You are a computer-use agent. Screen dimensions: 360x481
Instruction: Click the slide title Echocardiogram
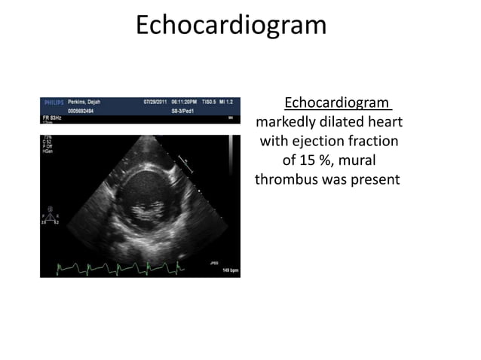click(x=231, y=25)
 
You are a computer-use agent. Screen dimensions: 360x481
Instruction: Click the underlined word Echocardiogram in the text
click(x=336, y=103)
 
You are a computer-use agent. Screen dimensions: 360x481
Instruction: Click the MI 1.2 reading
click(x=227, y=101)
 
